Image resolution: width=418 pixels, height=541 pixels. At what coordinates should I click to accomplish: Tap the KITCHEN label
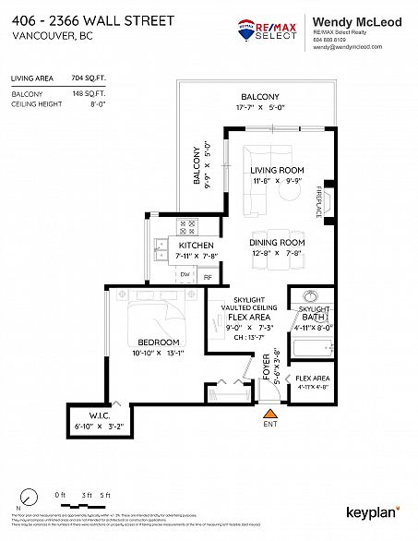point(173,246)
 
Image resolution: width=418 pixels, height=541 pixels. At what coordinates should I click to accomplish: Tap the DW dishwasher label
point(185,275)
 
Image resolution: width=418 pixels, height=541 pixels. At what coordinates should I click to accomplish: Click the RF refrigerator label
point(208,276)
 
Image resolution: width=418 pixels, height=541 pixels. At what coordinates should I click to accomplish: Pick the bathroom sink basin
point(309,298)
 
